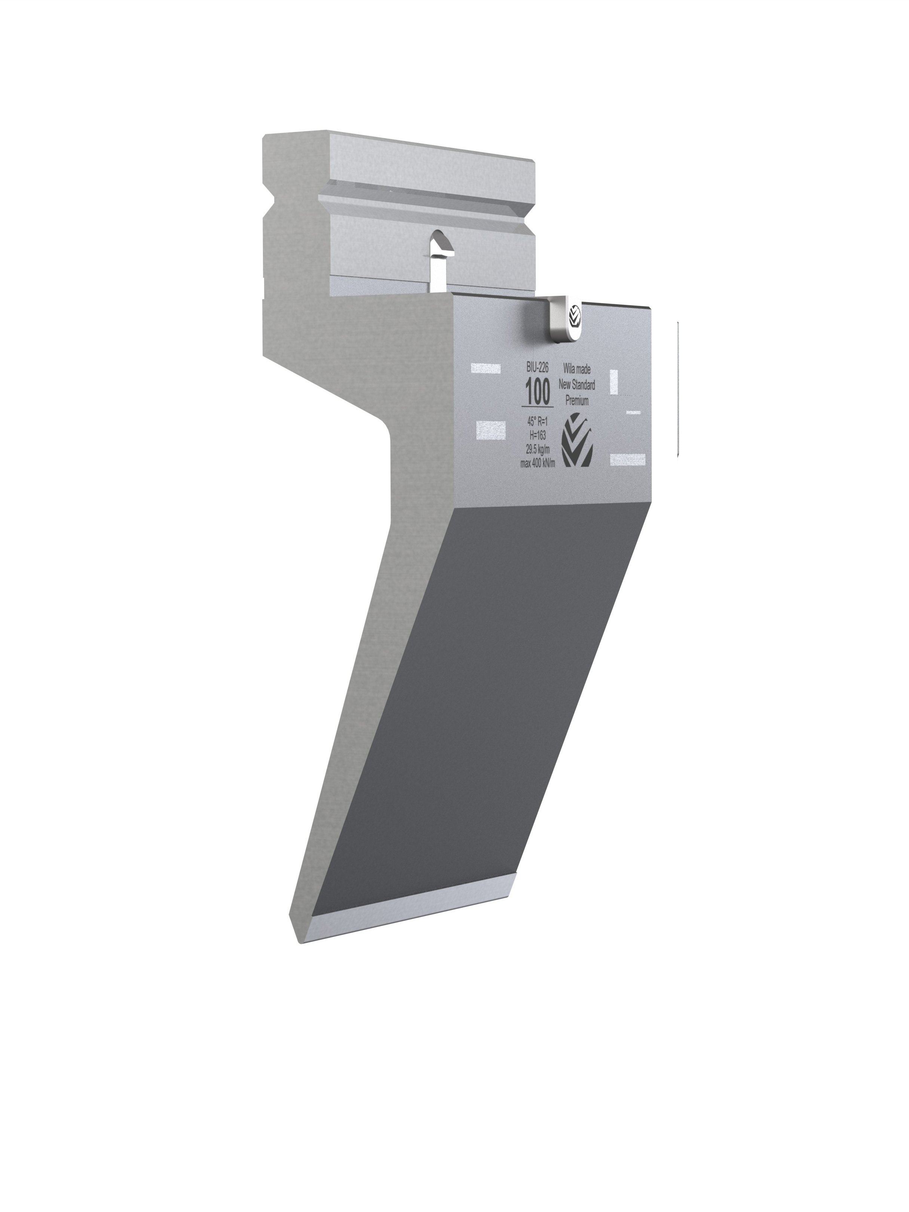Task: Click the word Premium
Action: pyautogui.click(x=576, y=401)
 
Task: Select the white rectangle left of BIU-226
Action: pyautogui.click(x=486, y=368)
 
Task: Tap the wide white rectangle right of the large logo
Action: pyautogui.click(x=627, y=460)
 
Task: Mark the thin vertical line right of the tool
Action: pyautogui.click(x=678, y=389)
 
